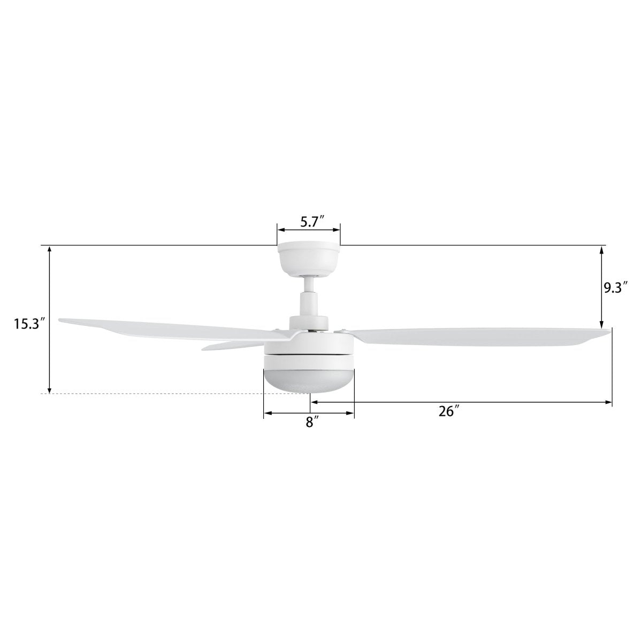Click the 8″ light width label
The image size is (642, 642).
click(309, 422)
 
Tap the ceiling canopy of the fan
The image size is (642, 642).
click(309, 259)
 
